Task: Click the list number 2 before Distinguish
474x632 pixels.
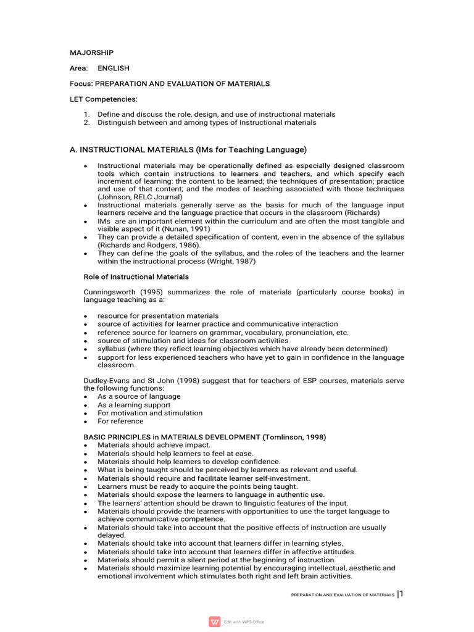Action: point(87,122)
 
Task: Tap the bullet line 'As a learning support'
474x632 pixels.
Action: point(134,405)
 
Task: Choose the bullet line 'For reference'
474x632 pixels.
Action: point(120,421)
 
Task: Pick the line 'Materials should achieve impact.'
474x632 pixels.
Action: point(154,445)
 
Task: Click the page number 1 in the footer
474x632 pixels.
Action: point(401,594)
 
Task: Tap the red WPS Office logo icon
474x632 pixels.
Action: point(215,621)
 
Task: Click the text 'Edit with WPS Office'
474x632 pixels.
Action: point(244,622)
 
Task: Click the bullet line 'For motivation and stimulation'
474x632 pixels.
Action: point(150,413)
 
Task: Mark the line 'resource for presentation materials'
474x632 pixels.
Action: point(158,316)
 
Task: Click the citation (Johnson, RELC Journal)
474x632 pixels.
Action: point(139,197)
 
